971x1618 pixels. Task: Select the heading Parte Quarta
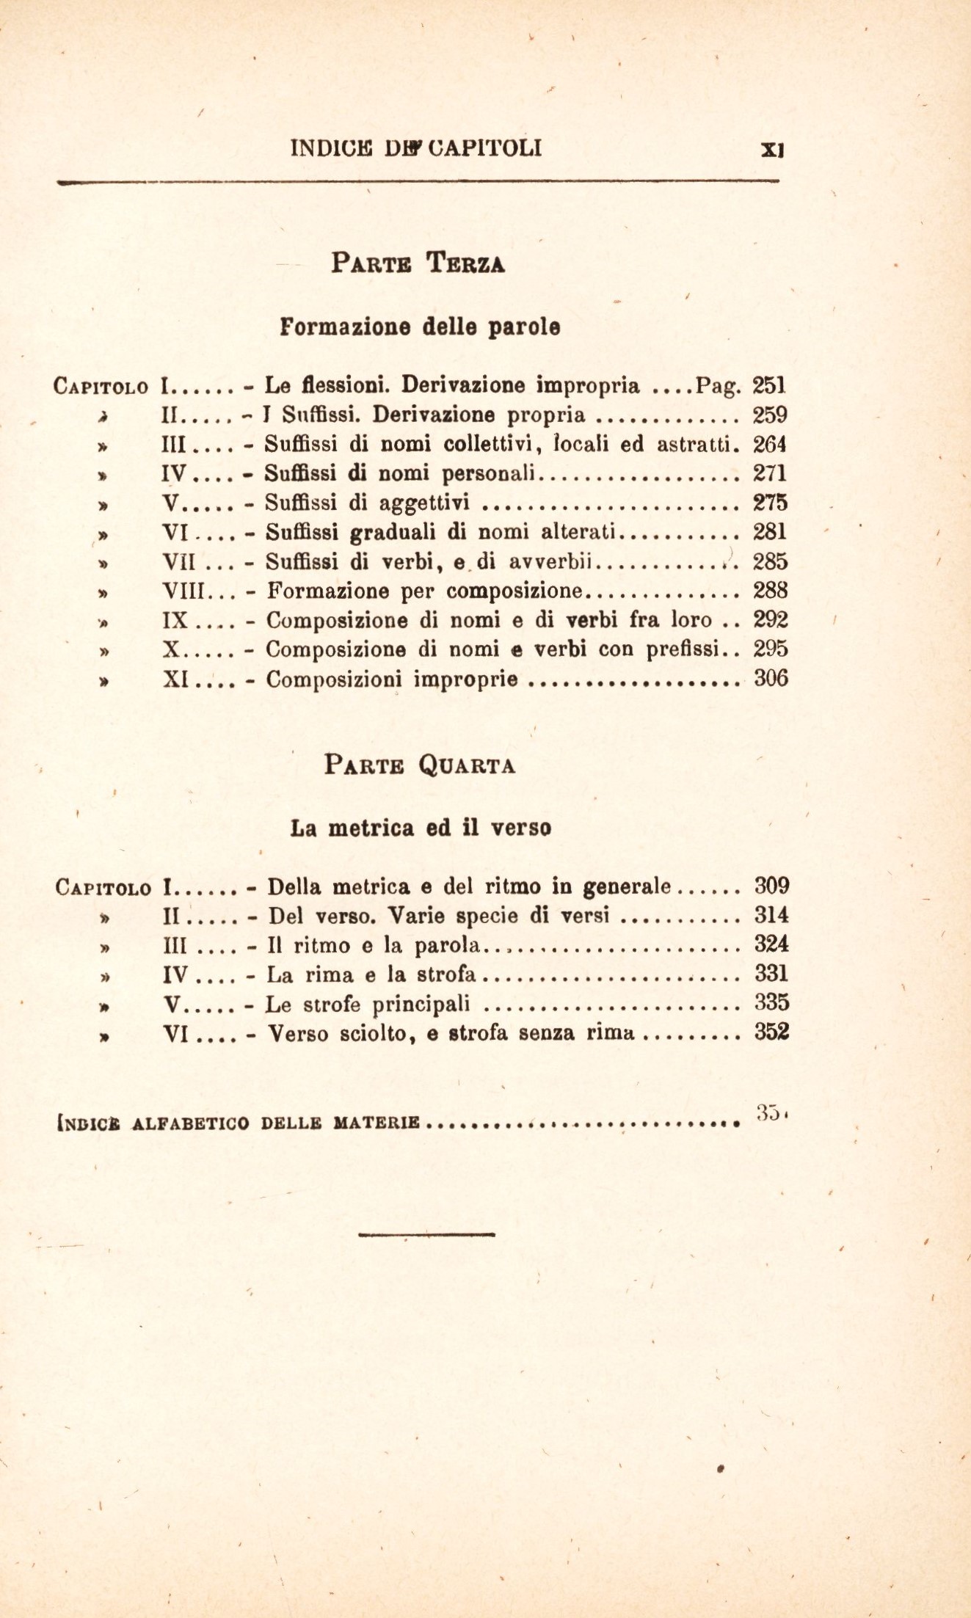(420, 766)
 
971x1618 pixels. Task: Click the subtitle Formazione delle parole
(420, 327)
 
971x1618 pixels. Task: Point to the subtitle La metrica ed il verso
(421, 828)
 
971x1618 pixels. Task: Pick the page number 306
(771, 679)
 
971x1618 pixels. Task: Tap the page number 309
(771, 886)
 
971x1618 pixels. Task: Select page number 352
(771, 1032)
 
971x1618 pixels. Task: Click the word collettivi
(493, 445)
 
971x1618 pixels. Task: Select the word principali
(421, 1004)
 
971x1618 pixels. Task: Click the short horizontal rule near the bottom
(427, 1233)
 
